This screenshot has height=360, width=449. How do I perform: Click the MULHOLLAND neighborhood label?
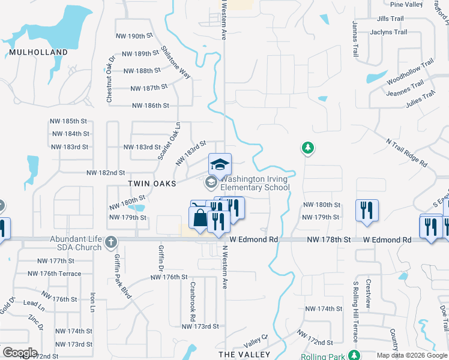click(38, 52)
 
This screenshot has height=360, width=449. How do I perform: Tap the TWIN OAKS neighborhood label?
click(152, 183)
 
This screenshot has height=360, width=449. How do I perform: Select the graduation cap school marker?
click(220, 164)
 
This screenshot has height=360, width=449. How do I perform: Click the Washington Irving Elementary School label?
click(255, 183)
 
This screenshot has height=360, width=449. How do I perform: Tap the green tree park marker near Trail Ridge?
click(307, 148)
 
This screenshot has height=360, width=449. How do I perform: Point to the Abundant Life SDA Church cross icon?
click(110, 242)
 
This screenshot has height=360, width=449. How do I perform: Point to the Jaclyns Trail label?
click(388, 32)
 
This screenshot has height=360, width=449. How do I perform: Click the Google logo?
click(20, 353)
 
